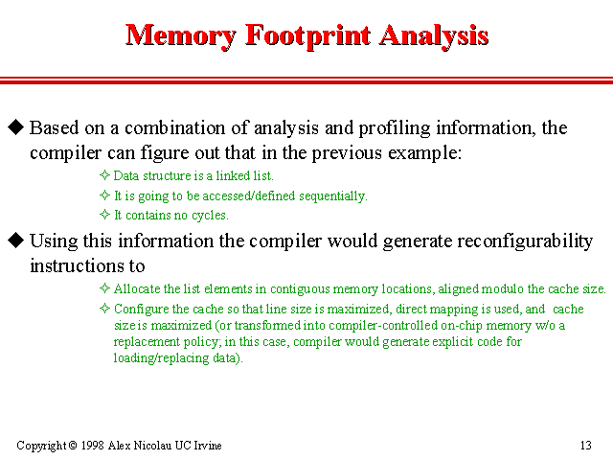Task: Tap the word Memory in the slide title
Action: tap(182, 36)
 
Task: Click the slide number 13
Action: tap(586, 446)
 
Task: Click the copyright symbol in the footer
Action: tap(72, 446)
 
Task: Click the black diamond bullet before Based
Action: tap(15, 127)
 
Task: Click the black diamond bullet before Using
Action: tap(15, 240)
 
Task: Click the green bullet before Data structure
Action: tap(105, 176)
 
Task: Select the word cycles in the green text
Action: tap(205, 216)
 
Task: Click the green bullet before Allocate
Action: tap(105, 288)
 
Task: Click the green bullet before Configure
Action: tap(105, 310)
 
